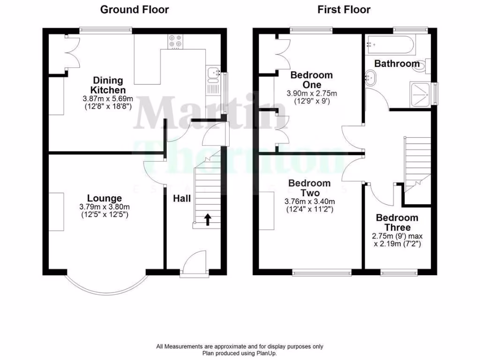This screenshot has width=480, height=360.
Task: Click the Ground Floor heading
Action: (135, 9)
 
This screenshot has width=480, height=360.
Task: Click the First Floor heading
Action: (344, 9)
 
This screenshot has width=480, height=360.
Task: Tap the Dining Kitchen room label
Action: (108, 85)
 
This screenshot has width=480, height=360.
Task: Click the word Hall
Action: (182, 199)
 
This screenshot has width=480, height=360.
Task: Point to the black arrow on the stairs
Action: (207, 218)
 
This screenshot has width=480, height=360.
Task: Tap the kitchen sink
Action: (213, 73)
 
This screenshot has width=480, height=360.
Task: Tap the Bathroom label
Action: (397, 63)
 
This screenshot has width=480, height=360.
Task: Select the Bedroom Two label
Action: (309, 188)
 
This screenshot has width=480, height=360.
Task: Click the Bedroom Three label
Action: (397, 223)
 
